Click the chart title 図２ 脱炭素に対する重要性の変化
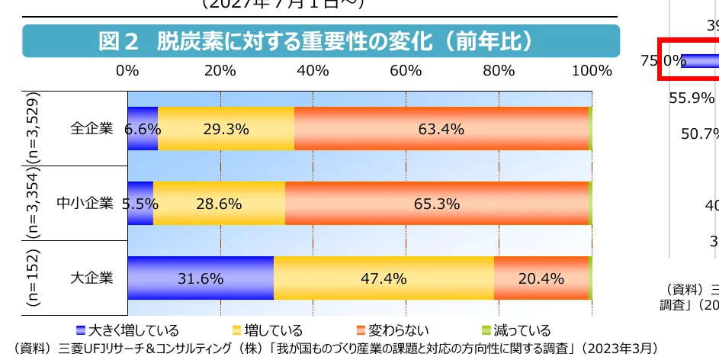(320, 41)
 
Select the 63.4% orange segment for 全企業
(441, 129)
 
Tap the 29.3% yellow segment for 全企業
(226, 129)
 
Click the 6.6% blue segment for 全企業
(143, 129)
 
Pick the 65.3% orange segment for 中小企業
(436, 204)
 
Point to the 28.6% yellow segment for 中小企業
(219, 204)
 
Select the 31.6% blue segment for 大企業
(201, 278)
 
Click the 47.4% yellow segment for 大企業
(384, 278)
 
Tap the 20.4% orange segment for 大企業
(541, 278)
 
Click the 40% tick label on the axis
(313, 72)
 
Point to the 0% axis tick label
(127, 72)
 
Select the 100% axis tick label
(592, 72)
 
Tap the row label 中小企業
(85, 204)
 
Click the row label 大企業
(91, 278)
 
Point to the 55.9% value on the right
(692, 98)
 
